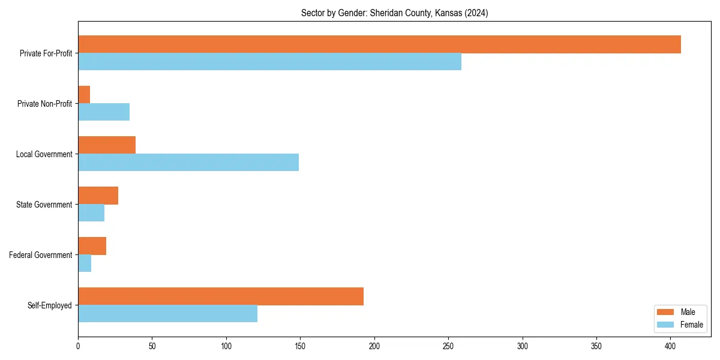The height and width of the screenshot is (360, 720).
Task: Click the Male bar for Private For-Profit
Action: coord(379,44)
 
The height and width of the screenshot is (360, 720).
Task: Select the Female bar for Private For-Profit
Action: coord(269,62)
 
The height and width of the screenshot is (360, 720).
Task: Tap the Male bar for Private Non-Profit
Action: coord(84,95)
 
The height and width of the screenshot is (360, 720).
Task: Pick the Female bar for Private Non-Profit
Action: coord(104,112)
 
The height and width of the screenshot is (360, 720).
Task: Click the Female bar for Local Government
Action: coord(188,163)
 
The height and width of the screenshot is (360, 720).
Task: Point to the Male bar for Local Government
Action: coord(107,145)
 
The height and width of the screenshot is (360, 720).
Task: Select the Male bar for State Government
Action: coord(98,196)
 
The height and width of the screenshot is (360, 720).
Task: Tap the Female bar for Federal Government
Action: coord(85,263)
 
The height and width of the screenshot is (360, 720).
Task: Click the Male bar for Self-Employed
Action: coord(221,296)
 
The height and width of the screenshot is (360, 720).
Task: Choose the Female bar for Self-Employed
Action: coord(167,314)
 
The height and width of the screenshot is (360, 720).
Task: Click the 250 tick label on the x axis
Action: coord(449,346)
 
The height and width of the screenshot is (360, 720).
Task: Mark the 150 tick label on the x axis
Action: coord(301,346)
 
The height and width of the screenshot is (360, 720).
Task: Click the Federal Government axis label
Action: coord(41,255)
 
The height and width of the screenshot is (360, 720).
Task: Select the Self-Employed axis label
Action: coord(50,305)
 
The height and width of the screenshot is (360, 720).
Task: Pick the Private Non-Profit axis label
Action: coord(45,104)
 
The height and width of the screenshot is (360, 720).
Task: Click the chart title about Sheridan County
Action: coord(394,13)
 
